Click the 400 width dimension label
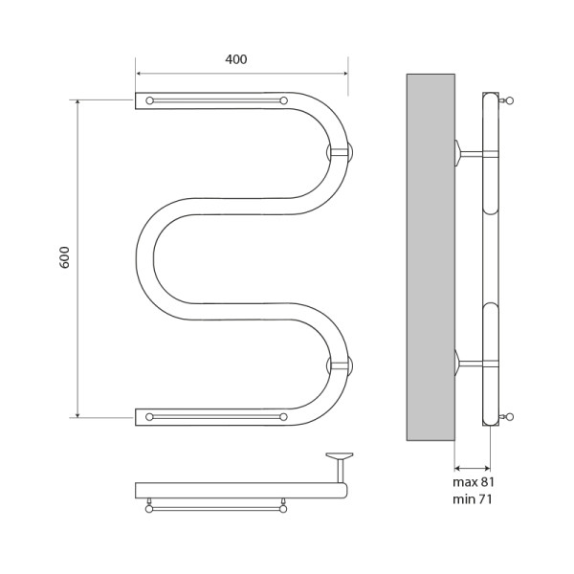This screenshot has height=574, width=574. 236,59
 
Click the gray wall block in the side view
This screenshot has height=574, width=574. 430,256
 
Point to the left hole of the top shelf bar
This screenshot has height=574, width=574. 149,99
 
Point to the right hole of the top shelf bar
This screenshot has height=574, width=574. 283,99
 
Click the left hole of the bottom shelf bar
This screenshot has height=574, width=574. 149,416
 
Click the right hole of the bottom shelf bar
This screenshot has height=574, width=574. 283,416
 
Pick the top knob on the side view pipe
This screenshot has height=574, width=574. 509,99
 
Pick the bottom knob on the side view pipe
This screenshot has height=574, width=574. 509,416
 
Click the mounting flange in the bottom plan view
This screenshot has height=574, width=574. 339,456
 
